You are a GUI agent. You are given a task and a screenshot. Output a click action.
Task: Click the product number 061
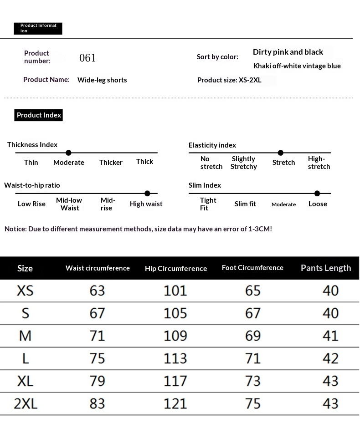(x=87, y=58)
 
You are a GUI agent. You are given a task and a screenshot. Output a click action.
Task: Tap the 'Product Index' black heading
(x=39, y=115)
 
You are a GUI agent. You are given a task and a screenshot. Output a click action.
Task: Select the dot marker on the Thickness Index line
(x=68, y=153)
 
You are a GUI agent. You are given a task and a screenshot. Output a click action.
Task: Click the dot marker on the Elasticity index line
(x=280, y=153)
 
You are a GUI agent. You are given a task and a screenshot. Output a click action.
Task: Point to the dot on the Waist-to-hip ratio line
(x=147, y=194)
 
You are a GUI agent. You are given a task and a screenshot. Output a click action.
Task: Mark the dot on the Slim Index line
(x=317, y=194)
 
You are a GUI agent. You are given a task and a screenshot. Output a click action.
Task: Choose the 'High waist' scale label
(x=146, y=204)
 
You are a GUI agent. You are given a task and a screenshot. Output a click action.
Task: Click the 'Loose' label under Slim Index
(x=318, y=204)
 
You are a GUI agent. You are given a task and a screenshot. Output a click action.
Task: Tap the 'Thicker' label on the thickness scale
(x=111, y=163)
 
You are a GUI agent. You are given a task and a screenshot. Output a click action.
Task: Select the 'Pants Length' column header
(x=326, y=268)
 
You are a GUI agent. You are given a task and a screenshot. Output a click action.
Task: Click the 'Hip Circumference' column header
(x=176, y=268)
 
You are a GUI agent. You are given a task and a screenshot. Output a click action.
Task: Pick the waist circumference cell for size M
(x=98, y=336)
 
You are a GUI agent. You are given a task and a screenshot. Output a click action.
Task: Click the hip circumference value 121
(x=175, y=403)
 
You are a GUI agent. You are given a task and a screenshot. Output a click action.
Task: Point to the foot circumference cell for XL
(x=253, y=381)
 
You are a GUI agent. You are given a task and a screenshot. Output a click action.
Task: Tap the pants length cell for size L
(x=330, y=358)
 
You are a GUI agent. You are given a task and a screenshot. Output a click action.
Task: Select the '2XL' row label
(x=25, y=403)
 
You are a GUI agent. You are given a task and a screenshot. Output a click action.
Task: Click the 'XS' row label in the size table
(x=25, y=291)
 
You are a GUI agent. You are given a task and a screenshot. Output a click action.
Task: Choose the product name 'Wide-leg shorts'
(x=102, y=80)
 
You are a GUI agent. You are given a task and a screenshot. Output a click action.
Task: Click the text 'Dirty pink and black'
(x=288, y=52)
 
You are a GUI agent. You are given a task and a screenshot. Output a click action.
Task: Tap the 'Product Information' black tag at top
(x=38, y=28)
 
